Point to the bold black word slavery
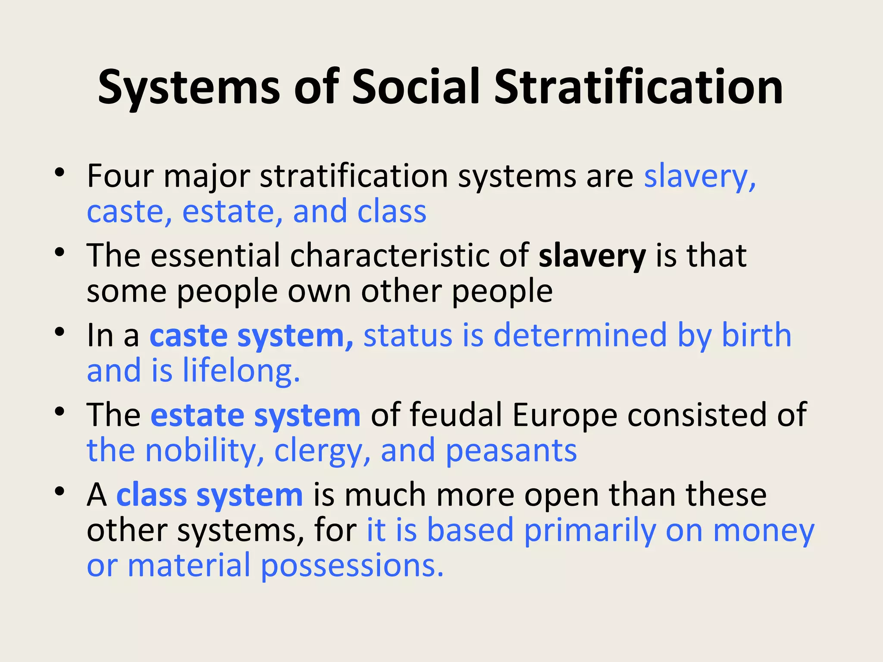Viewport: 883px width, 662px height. coord(592,256)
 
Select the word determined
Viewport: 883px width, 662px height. coord(580,335)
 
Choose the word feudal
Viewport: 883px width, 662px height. coord(456,415)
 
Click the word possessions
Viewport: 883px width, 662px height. coord(352,566)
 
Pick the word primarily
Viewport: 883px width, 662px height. coord(590,531)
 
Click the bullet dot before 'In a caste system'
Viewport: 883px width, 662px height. coord(59,332)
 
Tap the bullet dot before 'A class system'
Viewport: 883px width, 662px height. coord(59,491)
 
